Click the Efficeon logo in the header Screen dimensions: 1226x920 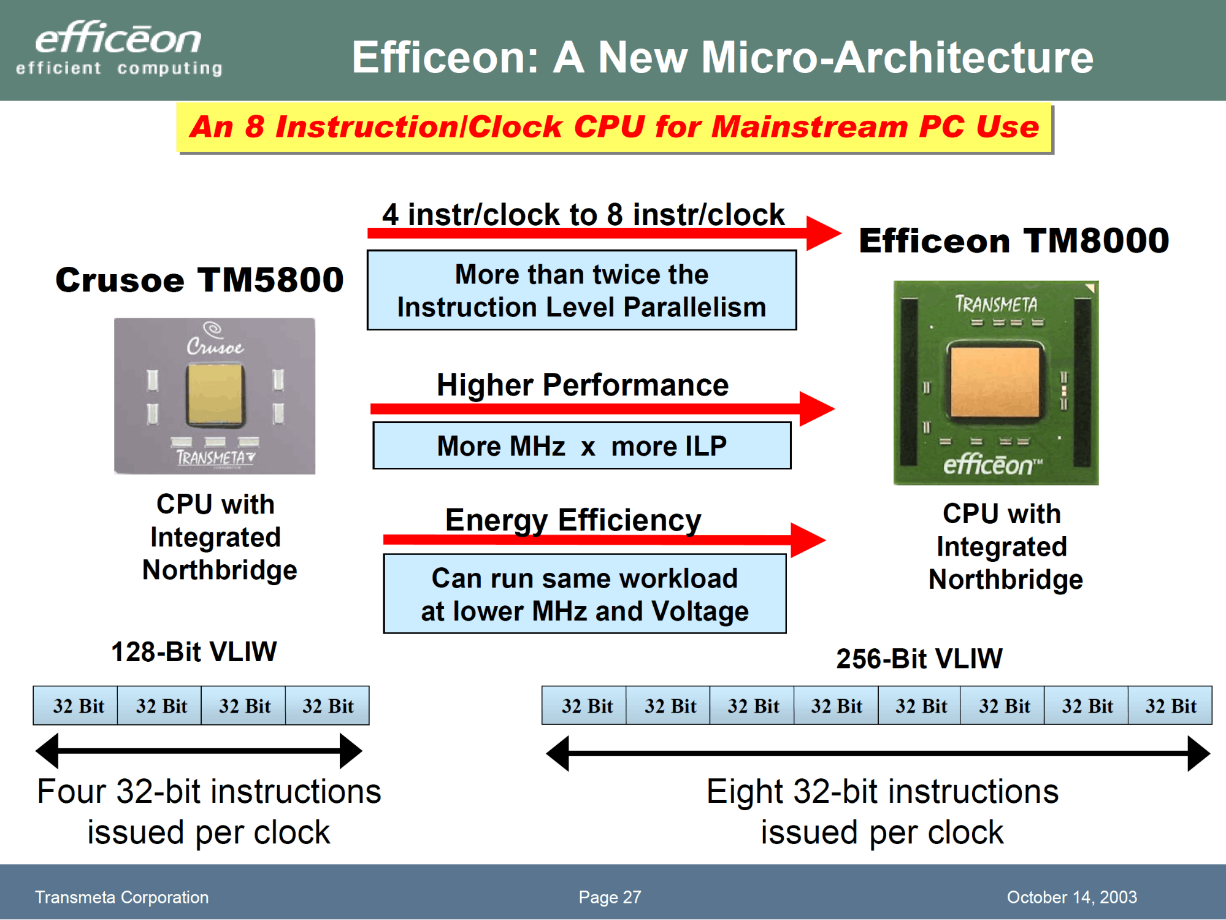(x=119, y=48)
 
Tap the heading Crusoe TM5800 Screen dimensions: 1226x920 (x=199, y=280)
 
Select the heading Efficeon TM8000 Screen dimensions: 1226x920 (x=1014, y=240)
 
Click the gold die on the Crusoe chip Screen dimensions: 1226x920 (x=215, y=394)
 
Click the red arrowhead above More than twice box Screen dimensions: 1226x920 (x=824, y=233)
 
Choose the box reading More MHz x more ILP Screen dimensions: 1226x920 (x=581, y=445)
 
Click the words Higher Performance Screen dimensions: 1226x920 (x=583, y=385)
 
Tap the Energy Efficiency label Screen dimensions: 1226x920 (x=573, y=520)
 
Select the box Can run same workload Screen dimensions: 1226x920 (x=584, y=594)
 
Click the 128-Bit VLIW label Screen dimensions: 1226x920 (x=194, y=651)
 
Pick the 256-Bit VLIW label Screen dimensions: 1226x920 (x=919, y=659)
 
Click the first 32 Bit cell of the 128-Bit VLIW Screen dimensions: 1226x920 (x=75, y=705)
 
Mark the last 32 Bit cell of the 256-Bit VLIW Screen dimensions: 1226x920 (x=1170, y=705)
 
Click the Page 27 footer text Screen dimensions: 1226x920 (x=610, y=897)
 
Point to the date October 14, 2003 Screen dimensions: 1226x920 (x=1071, y=897)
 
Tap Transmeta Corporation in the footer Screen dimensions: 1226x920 (x=121, y=897)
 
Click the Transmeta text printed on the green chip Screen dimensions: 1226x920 (x=996, y=304)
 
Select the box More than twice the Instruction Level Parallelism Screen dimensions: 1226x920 (x=581, y=290)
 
